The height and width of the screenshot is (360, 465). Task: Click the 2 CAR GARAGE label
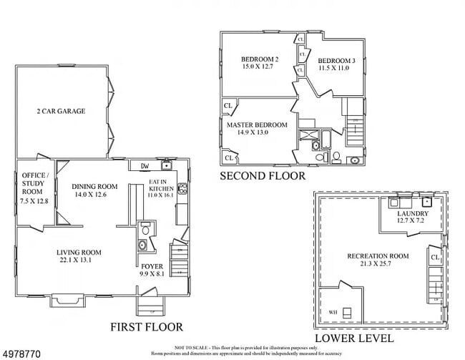(x=62, y=111)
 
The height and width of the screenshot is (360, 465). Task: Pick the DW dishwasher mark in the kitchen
(x=144, y=166)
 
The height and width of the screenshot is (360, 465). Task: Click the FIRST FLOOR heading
(x=146, y=326)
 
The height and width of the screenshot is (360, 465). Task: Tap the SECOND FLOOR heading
(x=262, y=175)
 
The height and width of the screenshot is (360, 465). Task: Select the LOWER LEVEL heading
(x=353, y=337)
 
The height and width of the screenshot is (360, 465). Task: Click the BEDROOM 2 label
(x=259, y=59)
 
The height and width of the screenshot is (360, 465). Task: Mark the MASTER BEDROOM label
(x=257, y=125)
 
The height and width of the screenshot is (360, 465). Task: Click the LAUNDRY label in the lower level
(x=413, y=213)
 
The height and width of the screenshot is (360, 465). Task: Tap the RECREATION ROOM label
(x=378, y=256)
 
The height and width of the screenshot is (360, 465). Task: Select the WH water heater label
(x=332, y=312)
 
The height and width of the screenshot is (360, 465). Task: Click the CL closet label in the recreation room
(x=435, y=256)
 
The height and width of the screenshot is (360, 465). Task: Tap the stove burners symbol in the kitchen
(x=182, y=190)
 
